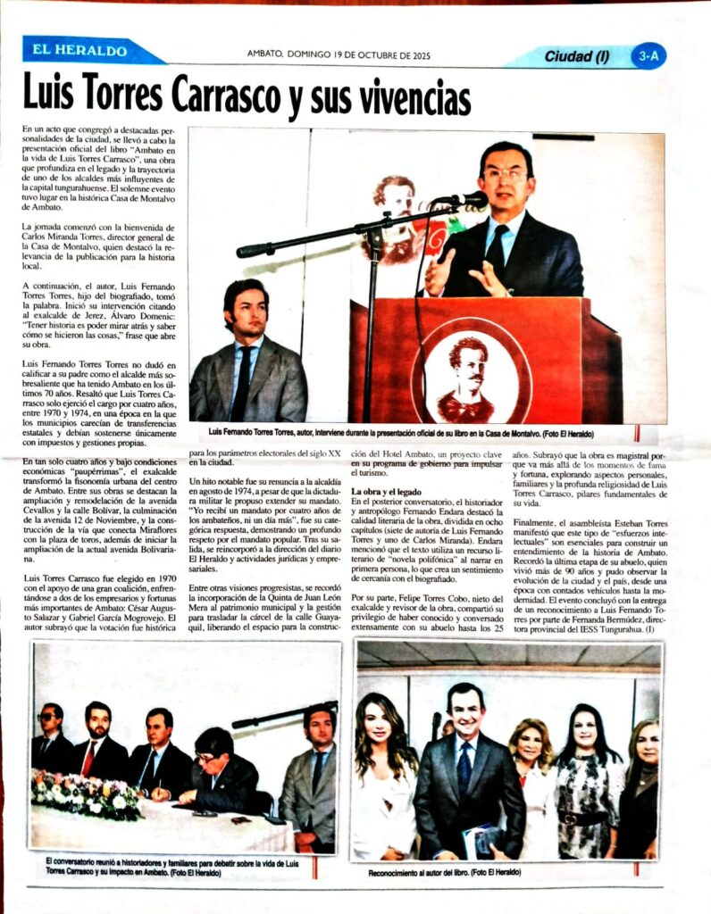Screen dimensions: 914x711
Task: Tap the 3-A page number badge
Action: point(649,56)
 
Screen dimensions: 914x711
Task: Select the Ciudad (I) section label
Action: point(577,57)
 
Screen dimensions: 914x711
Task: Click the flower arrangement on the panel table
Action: point(86,794)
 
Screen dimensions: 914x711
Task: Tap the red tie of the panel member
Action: point(88,758)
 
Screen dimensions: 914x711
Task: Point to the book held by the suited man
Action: point(483,839)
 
